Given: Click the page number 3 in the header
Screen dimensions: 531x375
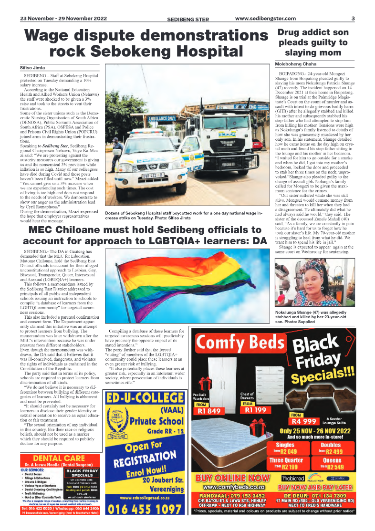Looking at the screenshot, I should [x=353, y=19].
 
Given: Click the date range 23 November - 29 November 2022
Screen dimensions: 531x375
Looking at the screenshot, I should [x=63, y=19].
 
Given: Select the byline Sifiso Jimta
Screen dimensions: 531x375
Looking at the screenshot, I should [x=32, y=68].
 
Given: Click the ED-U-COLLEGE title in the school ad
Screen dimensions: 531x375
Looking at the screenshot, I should [x=146, y=398].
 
